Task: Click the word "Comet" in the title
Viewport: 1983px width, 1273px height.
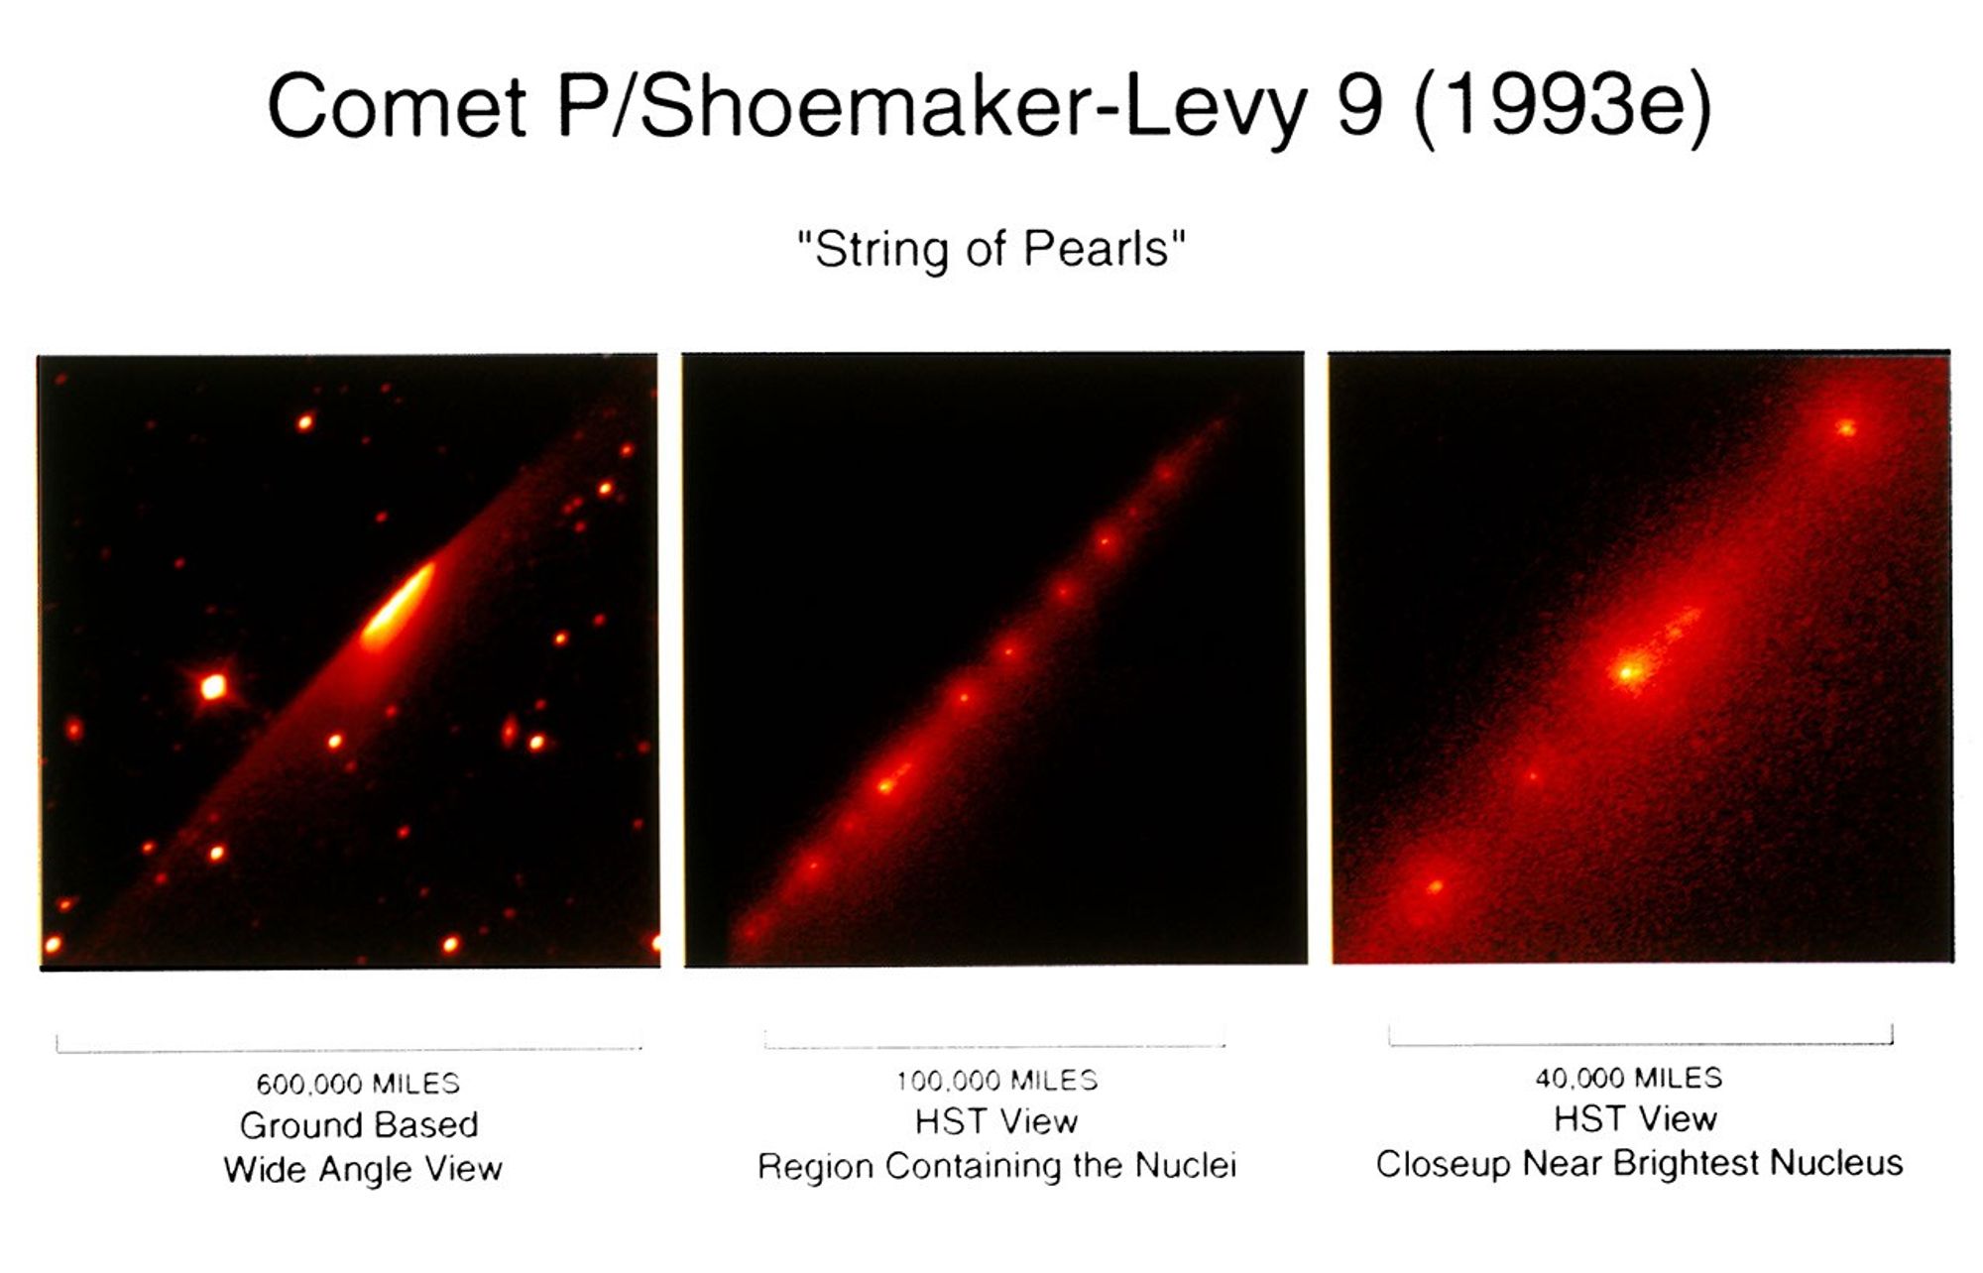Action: coord(397,107)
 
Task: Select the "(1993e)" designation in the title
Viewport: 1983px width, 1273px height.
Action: coord(1563,107)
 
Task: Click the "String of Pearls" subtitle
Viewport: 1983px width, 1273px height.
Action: coord(991,249)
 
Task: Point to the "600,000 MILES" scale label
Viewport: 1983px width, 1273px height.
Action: coord(358,1083)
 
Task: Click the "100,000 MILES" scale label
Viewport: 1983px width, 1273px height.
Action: coord(996,1080)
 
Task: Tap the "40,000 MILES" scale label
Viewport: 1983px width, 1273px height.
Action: coord(1629,1077)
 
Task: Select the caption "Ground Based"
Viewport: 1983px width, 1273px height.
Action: coord(359,1125)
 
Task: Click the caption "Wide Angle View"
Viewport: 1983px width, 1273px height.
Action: coord(363,1169)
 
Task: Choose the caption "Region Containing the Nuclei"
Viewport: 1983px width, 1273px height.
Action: coord(996,1166)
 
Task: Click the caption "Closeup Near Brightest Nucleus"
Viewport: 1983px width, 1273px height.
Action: coord(1639,1163)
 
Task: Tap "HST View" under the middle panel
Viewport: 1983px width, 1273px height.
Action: coord(996,1121)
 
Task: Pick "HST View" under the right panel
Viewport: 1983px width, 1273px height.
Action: coord(1635,1118)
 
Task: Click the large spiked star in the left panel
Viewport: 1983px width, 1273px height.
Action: coord(212,686)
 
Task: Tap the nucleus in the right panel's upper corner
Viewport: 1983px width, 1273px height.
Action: coord(1845,428)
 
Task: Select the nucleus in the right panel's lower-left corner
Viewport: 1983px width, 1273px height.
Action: coord(1434,886)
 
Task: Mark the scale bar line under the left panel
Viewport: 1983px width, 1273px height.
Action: coord(349,1048)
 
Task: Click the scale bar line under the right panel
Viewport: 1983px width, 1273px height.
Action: coord(1640,1042)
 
